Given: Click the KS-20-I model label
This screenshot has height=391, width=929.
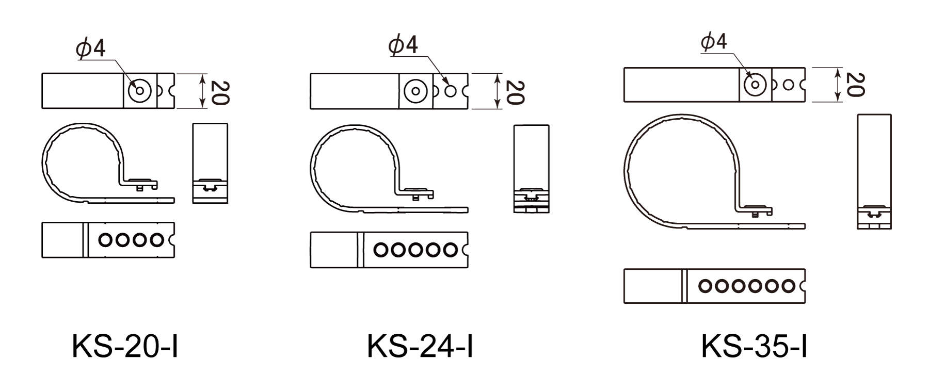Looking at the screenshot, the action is click(x=125, y=346).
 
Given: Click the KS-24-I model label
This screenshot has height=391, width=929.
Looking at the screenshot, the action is click(x=420, y=346).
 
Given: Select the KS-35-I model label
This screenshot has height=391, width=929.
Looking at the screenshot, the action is click(x=754, y=346).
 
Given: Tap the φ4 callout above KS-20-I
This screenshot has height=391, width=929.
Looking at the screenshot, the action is click(x=91, y=48).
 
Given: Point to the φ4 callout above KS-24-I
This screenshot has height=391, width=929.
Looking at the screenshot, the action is click(x=403, y=45).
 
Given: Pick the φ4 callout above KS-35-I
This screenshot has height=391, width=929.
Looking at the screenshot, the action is click(x=714, y=41).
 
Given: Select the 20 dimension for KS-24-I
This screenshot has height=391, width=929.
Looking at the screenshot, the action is click(x=514, y=92).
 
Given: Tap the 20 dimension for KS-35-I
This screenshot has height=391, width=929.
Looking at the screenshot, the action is click(x=854, y=85).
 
